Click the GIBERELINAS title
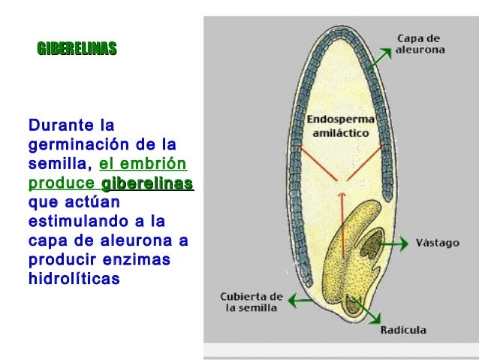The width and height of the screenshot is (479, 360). [77, 50]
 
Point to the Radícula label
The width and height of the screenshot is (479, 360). [403, 329]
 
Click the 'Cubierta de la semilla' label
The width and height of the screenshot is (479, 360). [251, 301]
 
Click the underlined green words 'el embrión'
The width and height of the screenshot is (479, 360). [143, 164]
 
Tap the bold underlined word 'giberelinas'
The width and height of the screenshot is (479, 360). [147, 183]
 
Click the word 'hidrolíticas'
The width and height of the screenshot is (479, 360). [74, 278]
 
